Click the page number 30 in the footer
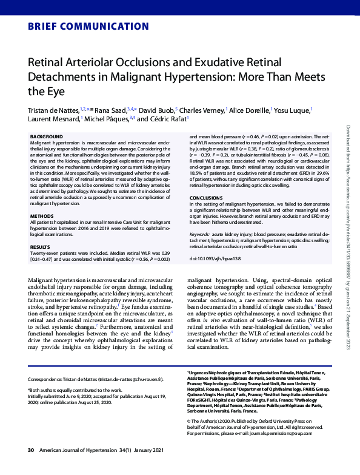[x=31, y=467]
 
